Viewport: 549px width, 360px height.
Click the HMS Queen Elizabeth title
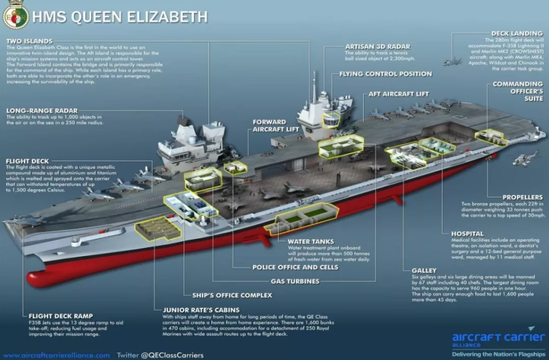pos(120,17)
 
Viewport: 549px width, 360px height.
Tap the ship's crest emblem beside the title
pos(15,17)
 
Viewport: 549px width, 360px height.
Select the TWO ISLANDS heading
pos(29,41)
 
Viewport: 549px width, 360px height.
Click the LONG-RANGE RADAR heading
pos(42,111)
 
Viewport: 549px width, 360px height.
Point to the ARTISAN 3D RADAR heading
pos(377,47)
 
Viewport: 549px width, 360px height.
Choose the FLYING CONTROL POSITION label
pos(385,74)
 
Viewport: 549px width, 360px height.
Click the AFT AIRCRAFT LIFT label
pos(399,94)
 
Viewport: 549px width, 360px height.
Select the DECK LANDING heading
pos(517,33)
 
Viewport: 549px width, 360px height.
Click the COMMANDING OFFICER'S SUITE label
pos(517,91)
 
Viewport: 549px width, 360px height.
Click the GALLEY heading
pos(424,270)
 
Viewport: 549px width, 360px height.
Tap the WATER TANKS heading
pos(311,241)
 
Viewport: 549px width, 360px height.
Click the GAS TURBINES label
pos(295,282)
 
